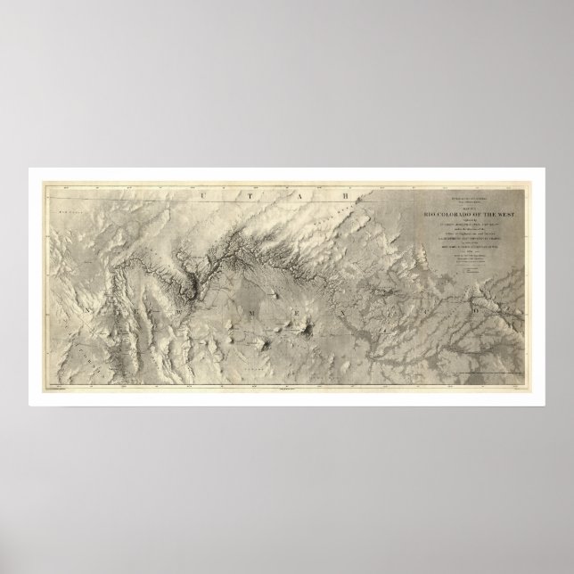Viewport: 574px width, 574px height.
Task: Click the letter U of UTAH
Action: (x=206, y=194)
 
